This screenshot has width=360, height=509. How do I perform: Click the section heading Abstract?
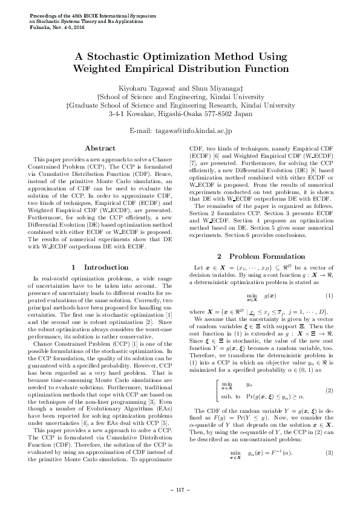point(100,148)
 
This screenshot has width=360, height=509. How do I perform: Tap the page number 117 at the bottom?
point(180,490)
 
